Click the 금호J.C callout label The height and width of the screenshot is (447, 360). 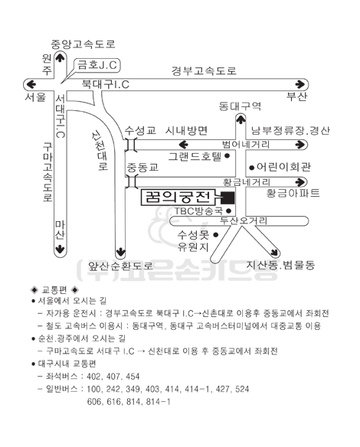pos(97,65)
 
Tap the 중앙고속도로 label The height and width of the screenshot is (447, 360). pos(83,44)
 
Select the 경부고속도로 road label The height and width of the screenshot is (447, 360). pos(204,70)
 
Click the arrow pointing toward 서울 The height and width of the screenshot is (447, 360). pos(31,84)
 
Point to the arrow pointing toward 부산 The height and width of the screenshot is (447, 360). pos(300,84)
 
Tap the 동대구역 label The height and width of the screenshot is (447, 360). pos(240,106)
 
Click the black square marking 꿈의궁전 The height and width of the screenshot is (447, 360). pos(228,197)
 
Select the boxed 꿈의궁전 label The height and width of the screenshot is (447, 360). pos(178,197)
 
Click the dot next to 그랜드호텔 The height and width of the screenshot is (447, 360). pos(227,156)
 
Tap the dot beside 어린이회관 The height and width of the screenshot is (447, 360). pos(251,168)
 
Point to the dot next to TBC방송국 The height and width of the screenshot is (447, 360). pos(228,211)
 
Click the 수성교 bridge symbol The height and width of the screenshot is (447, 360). pos(131,145)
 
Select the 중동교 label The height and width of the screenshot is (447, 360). pos(142,168)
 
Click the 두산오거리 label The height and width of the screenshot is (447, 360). pos(244,220)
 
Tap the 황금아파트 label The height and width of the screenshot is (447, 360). pos(293,193)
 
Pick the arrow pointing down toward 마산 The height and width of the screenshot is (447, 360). pos(60,250)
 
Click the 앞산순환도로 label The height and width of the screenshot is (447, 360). pos(120,266)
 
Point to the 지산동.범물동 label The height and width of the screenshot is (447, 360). pos(280,265)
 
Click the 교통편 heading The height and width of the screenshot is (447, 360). pos(54,290)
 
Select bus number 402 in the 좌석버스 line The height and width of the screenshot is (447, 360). pos(94,377)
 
